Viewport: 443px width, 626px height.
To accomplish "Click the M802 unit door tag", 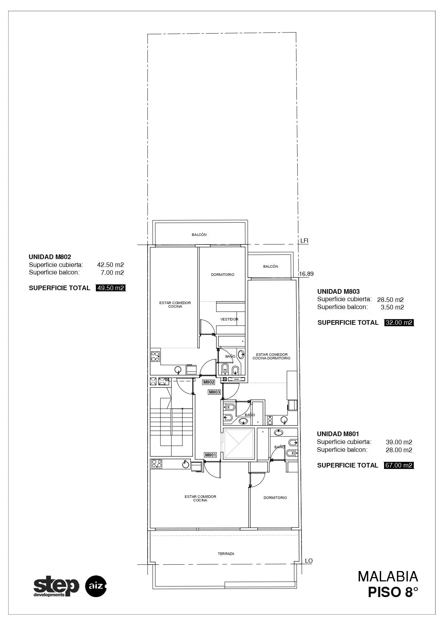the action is pyautogui.click(x=209, y=382).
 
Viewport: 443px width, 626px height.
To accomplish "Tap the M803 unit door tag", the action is pyautogui.click(x=214, y=392).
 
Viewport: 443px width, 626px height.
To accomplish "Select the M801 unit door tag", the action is pyautogui.click(x=210, y=455).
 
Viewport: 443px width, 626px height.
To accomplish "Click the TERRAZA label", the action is pyautogui.click(x=226, y=554).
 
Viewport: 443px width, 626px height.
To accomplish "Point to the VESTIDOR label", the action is pyautogui.click(x=229, y=319).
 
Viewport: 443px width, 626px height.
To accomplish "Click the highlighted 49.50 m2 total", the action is pyautogui.click(x=111, y=288).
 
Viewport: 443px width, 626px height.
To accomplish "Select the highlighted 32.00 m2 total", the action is pyautogui.click(x=399, y=323).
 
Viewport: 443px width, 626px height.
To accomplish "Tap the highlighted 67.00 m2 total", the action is pyautogui.click(x=399, y=465).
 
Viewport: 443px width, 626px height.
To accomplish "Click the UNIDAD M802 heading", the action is pyautogui.click(x=50, y=257).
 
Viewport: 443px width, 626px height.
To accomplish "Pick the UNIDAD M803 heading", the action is pyautogui.click(x=338, y=292).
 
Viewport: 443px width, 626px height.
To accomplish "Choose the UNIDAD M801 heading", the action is pyautogui.click(x=338, y=434).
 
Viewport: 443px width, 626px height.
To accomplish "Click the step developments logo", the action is pyautogui.click(x=56, y=586).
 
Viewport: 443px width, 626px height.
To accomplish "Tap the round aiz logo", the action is pyautogui.click(x=96, y=586).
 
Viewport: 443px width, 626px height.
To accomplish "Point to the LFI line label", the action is pyautogui.click(x=304, y=241).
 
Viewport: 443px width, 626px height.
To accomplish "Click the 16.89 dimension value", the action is pyautogui.click(x=306, y=274).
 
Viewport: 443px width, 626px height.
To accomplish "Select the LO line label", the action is pyautogui.click(x=309, y=561).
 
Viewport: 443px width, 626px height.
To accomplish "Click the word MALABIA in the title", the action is pyautogui.click(x=388, y=577).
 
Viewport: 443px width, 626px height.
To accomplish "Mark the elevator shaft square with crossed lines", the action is pyautogui.click(x=239, y=444).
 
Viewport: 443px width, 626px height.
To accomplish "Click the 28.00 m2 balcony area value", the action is pyautogui.click(x=399, y=450).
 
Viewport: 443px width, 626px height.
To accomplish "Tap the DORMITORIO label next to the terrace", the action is pyautogui.click(x=275, y=498).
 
